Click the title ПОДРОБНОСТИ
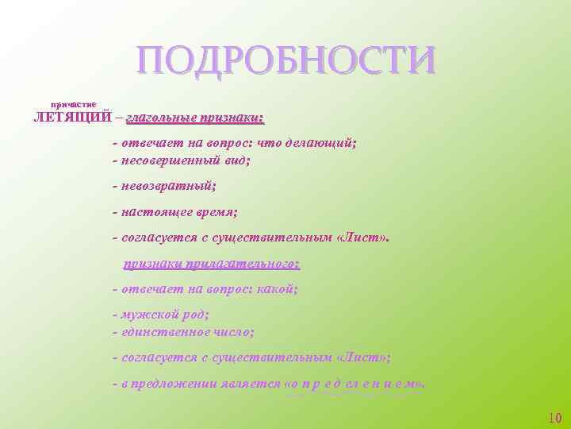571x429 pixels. tap(285, 61)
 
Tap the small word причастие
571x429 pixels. tap(74, 104)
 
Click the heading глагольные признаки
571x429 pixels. tap(194, 118)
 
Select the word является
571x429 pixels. tap(251, 383)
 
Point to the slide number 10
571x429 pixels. tap(554, 418)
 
